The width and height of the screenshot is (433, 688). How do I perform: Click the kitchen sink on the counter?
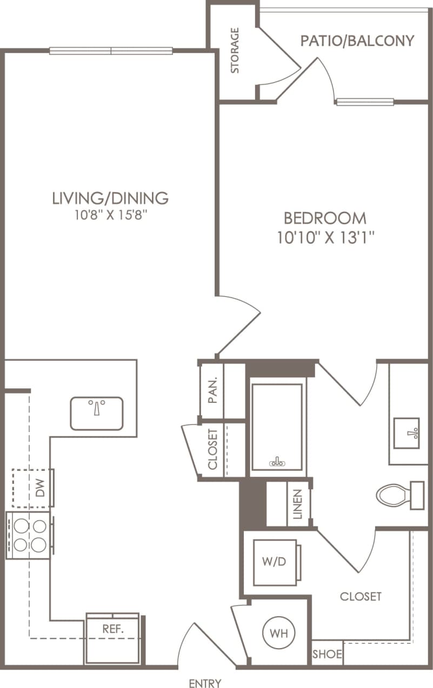point(97,413)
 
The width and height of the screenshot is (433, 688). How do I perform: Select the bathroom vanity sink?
point(406,433)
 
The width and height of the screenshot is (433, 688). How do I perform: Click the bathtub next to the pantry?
point(277,427)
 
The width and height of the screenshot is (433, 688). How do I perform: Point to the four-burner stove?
point(30,535)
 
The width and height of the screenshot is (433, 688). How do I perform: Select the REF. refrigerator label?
point(113,629)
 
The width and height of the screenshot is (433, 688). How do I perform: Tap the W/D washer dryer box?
point(275,562)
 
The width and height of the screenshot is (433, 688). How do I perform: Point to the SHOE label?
point(328,655)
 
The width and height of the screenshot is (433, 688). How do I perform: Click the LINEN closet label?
point(298,504)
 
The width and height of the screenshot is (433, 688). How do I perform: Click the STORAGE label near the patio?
point(235,51)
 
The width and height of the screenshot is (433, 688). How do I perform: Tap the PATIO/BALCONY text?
point(357,41)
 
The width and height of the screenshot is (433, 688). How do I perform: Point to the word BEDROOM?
point(325,218)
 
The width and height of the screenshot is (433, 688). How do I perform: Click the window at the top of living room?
point(111,51)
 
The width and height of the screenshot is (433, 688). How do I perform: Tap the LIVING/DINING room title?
point(110,198)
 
